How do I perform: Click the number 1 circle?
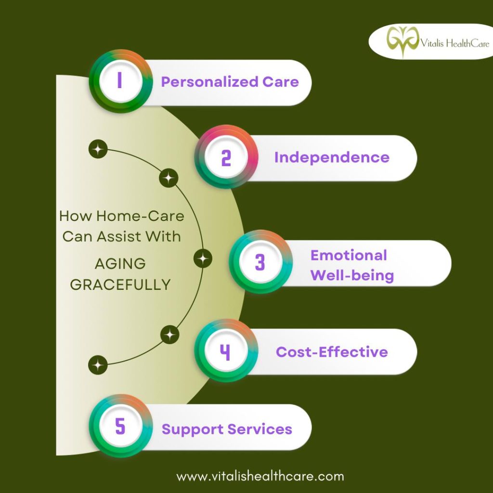[x=121, y=81]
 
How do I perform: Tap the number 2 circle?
[x=226, y=156]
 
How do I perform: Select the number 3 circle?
[x=260, y=261]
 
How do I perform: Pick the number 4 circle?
[x=226, y=350]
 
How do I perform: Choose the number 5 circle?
[x=121, y=426]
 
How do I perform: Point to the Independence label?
[x=332, y=157]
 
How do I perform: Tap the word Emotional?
[x=349, y=255]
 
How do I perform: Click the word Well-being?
[x=352, y=275]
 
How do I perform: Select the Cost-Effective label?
[x=332, y=351]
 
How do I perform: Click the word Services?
[x=259, y=429]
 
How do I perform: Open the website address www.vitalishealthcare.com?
[x=260, y=476]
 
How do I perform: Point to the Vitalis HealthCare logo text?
[x=455, y=43]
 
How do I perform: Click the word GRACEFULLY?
[x=120, y=285]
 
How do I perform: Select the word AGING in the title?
[x=120, y=264]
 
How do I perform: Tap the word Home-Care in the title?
[x=140, y=216]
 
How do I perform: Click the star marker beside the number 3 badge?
[x=203, y=259]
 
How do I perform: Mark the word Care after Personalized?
[x=281, y=82]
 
